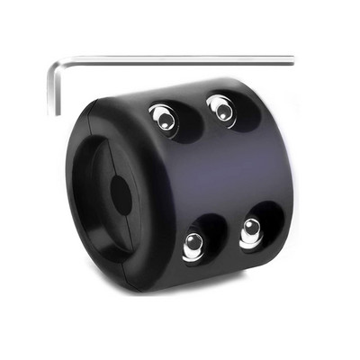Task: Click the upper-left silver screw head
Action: click(163, 117)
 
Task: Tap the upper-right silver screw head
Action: click(222, 110)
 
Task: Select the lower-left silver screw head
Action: click(193, 245)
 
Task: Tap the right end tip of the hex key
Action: click(293, 60)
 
